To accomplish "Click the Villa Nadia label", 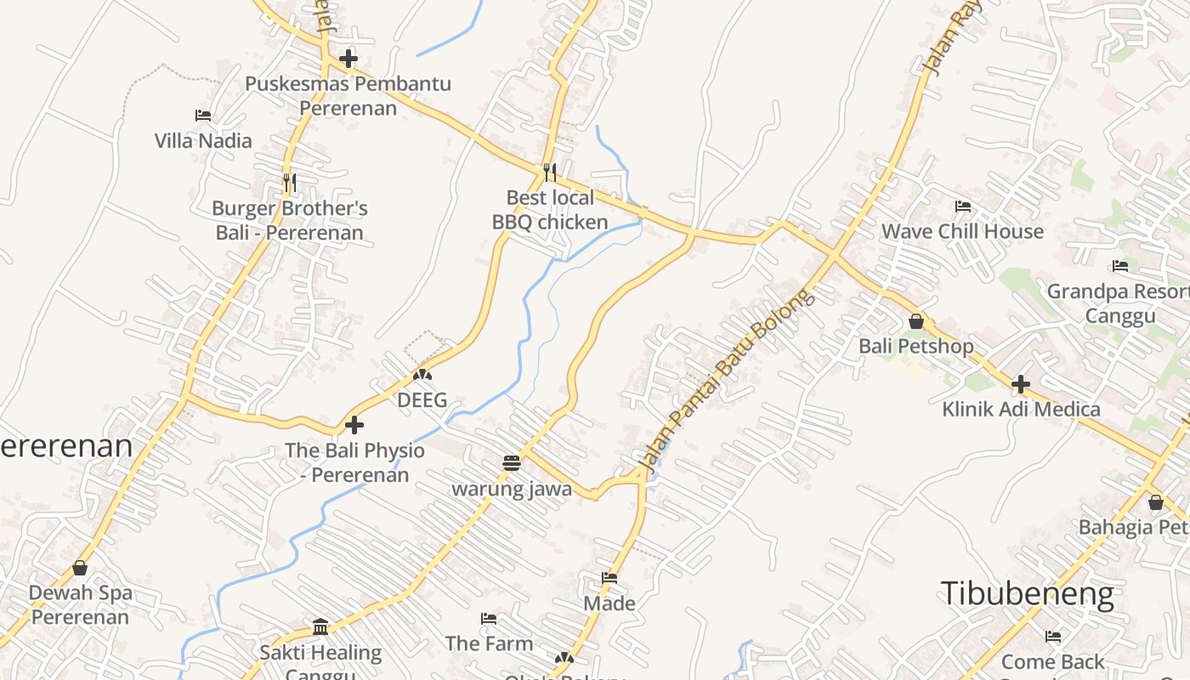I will (x=203, y=140).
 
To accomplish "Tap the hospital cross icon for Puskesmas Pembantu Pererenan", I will (x=348, y=59).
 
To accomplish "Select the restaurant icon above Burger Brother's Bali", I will (x=289, y=182).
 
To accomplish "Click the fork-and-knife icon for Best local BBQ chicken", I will (x=550, y=173).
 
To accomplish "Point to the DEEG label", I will (x=422, y=400).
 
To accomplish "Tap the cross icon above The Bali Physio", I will (x=354, y=424).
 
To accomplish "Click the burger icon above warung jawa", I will (x=511, y=463).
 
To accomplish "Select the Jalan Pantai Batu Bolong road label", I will (x=727, y=380).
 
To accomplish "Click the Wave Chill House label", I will (x=962, y=231).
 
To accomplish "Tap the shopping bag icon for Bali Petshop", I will (x=916, y=321).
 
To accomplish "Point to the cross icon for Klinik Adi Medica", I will (x=1020, y=384).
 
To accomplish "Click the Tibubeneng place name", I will (x=1027, y=593).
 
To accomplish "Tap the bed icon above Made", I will (x=609, y=578).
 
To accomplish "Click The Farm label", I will (x=489, y=643).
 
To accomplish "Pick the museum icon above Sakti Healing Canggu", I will (x=320, y=627).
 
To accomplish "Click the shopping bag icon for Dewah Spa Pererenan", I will (x=80, y=567).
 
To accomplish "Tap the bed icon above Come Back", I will (x=1053, y=636).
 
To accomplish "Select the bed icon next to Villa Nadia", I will (x=203, y=115).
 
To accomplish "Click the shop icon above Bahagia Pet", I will (x=1155, y=502).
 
